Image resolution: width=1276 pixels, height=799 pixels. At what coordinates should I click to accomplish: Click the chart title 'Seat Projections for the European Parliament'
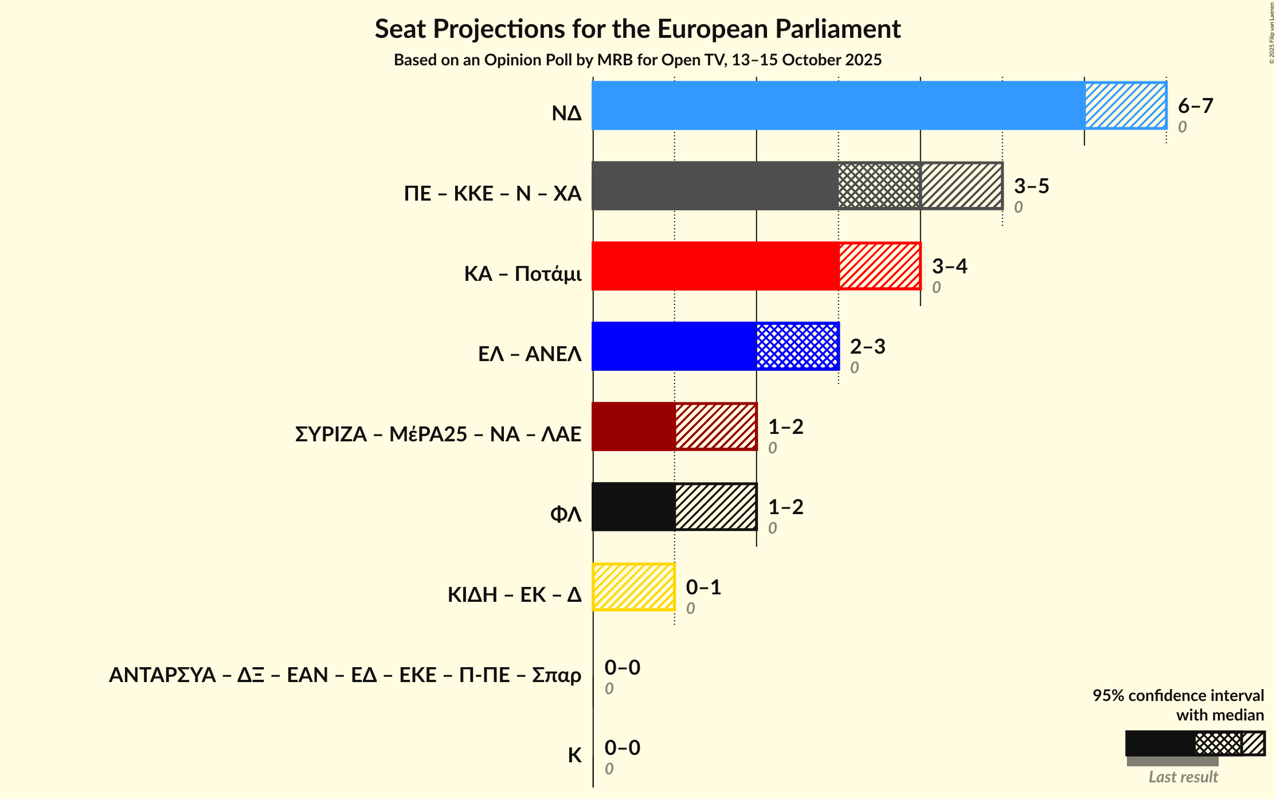point(637,29)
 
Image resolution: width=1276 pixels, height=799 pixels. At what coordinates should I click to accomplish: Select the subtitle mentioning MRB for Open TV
point(637,60)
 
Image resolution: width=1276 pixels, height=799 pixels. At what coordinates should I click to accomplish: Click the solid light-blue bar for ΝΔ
point(837,105)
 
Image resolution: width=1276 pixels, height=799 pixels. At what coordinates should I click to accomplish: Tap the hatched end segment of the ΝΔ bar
point(1125,105)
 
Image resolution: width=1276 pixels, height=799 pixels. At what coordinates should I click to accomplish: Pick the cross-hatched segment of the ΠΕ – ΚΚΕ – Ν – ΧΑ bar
point(879,186)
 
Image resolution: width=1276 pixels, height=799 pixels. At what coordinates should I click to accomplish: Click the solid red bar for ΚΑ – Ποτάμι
point(715,266)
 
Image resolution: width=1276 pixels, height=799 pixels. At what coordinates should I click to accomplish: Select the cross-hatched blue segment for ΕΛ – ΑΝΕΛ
point(797,346)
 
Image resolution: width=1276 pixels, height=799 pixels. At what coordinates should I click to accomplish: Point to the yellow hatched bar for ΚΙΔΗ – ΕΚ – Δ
point(633,587)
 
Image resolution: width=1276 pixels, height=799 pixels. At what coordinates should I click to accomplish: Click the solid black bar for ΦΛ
point(633,507)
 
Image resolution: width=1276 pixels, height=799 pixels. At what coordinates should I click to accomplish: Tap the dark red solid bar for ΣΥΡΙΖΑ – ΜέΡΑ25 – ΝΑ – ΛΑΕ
point(633,426)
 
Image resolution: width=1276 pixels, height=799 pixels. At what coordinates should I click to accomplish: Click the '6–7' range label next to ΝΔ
point(1195,106)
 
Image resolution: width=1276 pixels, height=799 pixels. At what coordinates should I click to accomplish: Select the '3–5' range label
point(1031,186)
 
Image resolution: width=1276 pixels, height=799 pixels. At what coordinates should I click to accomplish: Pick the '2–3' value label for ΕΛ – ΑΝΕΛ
point(867,347)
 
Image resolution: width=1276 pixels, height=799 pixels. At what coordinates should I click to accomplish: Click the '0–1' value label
point(703,587)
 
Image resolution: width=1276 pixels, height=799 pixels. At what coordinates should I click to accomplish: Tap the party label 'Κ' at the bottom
point(574,755)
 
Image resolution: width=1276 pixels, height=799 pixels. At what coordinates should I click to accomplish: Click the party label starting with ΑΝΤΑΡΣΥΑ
point(345,675)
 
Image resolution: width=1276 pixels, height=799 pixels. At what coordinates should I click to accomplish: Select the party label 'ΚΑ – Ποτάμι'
point(523,274)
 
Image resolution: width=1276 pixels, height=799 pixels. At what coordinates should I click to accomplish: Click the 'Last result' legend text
point(1183,777)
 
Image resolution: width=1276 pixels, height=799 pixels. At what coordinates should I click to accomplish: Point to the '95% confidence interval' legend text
point(1178,696)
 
